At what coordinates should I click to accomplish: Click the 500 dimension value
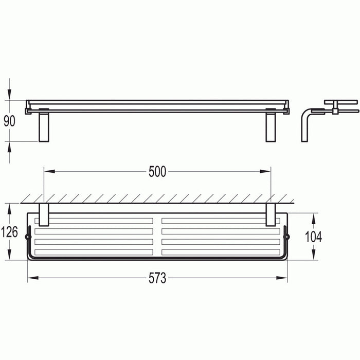(157, 172)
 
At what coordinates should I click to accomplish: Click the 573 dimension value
(157, 278)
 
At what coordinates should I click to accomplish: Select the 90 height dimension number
(10, 121)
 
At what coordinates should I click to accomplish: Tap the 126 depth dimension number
(10, 232)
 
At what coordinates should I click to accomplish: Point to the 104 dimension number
(313, 236)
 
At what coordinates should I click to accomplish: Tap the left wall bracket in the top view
(43, 214)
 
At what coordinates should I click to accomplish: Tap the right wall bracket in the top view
(271, 214)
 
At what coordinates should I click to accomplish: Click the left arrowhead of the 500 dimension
(46, 171)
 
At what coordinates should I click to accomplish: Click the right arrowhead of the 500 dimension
(268, 171)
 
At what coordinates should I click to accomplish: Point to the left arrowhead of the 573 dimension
(30, 278)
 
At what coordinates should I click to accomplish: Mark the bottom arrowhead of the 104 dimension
(313, 256)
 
